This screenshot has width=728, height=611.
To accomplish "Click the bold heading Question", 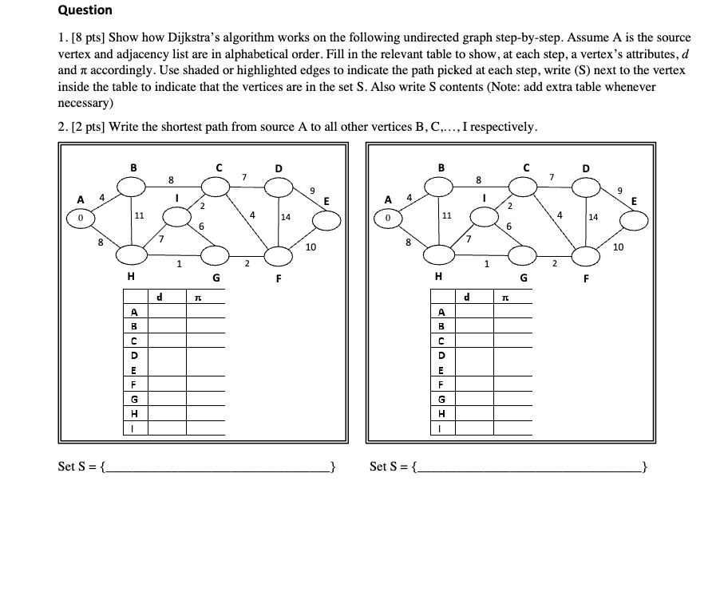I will tap(85, 10).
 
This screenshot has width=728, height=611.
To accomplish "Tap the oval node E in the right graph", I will tap(635, 219).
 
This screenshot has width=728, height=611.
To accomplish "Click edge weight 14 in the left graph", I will tap(285, 217).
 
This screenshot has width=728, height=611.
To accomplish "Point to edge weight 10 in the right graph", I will tap(618, 247).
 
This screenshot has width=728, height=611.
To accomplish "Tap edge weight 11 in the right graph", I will tap(447, 215).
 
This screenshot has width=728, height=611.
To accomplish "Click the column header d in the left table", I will tap(160, 298).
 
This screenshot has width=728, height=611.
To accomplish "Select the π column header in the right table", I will tap(504, 298).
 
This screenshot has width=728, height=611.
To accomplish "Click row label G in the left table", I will tap(135, 398).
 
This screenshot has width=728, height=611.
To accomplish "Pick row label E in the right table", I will tap(442, 369).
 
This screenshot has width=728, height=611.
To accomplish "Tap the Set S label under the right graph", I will tap(388, 467).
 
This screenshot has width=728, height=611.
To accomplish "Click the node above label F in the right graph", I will tap(587, 256).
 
